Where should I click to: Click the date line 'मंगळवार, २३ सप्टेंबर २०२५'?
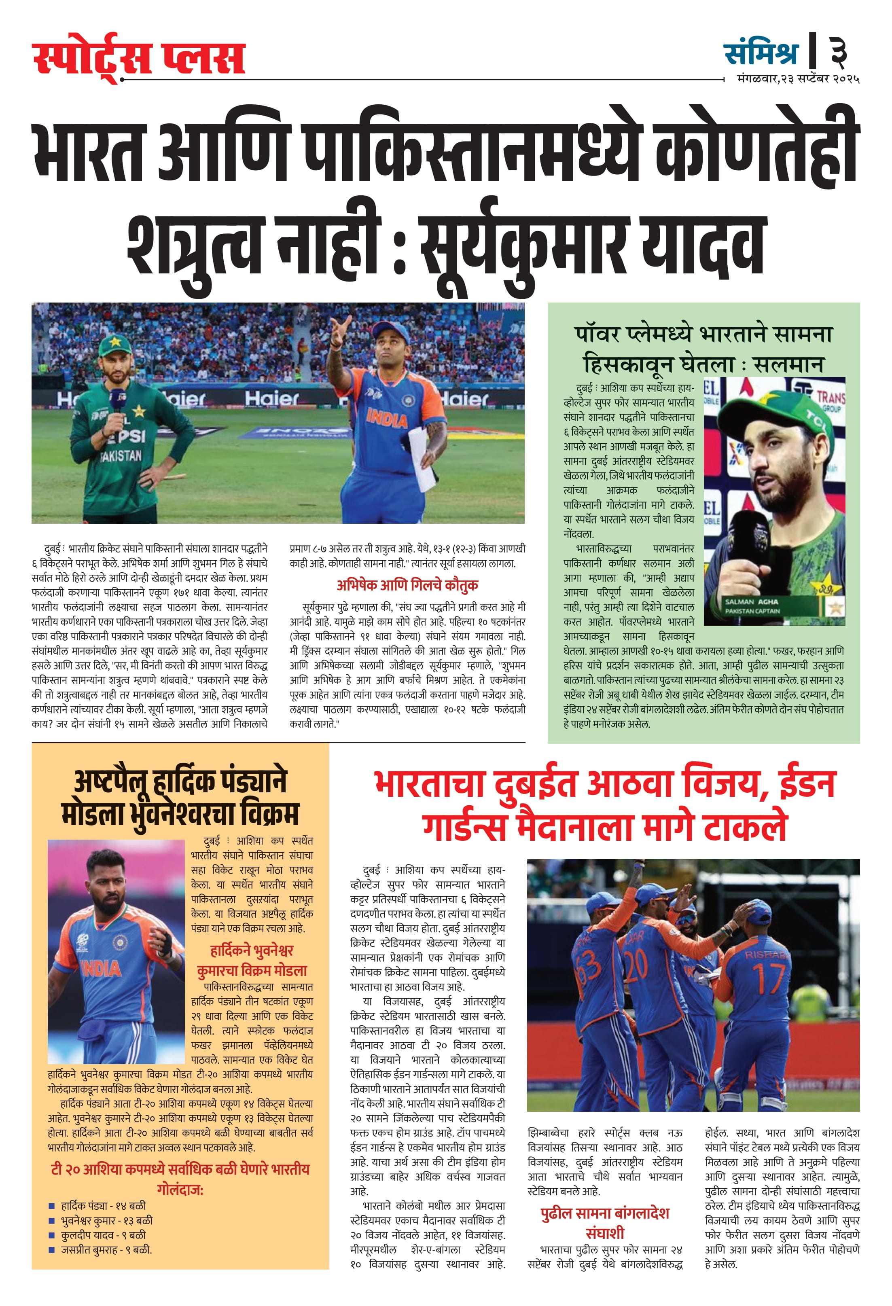pyautogui.click(x=798, y=79)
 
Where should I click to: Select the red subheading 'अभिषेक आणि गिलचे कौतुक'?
pyautogui.click(x=407, y=585)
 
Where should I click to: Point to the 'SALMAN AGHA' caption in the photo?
pyautogui.click(x=752, y=601)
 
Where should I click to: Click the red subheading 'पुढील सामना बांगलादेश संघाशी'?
pyautogui.click(x=605, y=1223)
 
